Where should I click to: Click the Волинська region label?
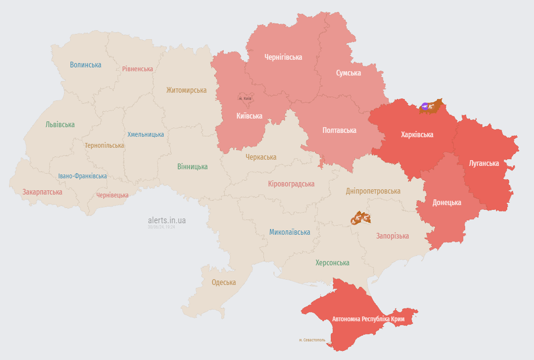pyautogui.click(x=86, y=65)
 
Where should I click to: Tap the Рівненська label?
pyautogui.click(x=137, y=69)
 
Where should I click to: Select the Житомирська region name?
pyautogui.click(x=186, y=90)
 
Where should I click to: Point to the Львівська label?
pyautogui.click(x=60, y=124)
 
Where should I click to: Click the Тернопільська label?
pyautogui.click(x=104, y=145)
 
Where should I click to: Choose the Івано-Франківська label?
pyautogui.click(x=83, y=176)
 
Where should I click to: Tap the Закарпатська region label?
pyautogui.click(x=42, y=192)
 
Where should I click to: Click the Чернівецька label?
pyautogui.click(x=112, y=195)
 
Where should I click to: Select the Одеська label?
pyautogui.click(x=224, y=282)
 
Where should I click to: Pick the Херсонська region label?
pyautogui.click(x=332, y=262)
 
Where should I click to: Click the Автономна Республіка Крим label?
pyautogui.click(x=368, y=319)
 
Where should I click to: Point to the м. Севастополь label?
pyautogui.click(x=312, y=340)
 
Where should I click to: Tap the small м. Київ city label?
pyautogui.click(x=245, y=98)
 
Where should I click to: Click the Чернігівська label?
pyautogui.click(x=283, y=57)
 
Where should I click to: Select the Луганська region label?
pyautogui.click(x=484, y=163)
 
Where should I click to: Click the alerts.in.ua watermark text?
pyautogui.click(x=167, y=220)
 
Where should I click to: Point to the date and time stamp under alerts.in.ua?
pyautogui.click(x=161, y=227)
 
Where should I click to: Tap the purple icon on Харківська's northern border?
pyautogui.click(x=425, y=106)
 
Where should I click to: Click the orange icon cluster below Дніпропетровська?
pyautogui.click(x=361, y=218)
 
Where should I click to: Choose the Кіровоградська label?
pyautogui.click(x=291, y=184)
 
